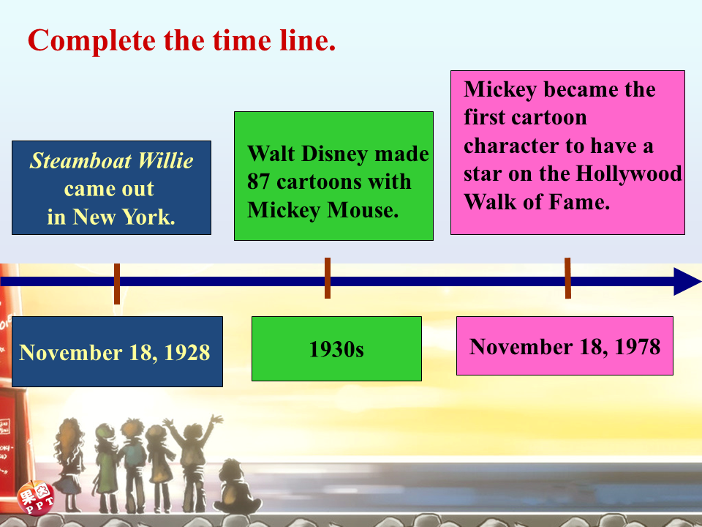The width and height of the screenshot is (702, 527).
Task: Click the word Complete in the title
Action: tap(92, 41)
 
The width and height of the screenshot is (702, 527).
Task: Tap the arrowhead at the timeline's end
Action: tap(687, 281)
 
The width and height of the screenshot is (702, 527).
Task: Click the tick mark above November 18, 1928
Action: tap(117, 284)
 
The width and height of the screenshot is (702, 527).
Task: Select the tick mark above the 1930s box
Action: tap(328, 278)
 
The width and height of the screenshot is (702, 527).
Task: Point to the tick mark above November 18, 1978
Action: tap(567, 278)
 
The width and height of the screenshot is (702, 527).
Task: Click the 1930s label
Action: tap(336, 349)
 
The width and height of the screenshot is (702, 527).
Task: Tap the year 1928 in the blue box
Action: tap(187, 352)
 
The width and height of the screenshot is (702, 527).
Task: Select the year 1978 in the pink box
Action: tap(638, 346)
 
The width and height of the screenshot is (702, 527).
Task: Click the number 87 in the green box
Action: tap(259, 182)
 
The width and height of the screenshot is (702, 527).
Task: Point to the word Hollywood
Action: tap(628, 174)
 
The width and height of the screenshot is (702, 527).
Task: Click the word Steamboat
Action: tap(80, 161)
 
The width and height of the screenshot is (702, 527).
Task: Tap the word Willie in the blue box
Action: tap(165, 160)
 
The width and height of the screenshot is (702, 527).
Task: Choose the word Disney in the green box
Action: tap(335, 154)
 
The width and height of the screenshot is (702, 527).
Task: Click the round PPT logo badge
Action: tap(35, 498)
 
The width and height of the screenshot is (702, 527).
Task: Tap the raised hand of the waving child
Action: tap(216, 420)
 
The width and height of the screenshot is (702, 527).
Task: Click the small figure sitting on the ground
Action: tap(236, 486)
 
